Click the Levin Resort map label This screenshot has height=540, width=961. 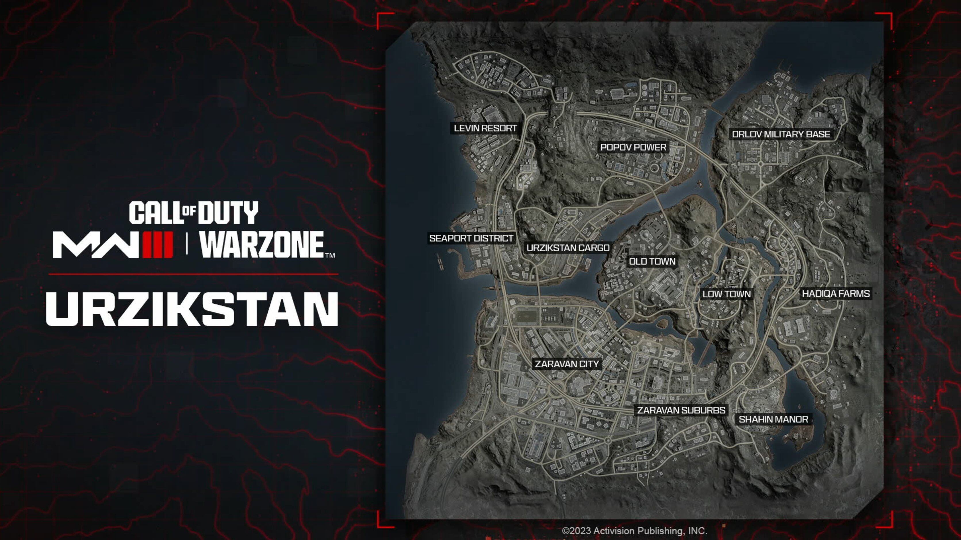(x=485, y=128)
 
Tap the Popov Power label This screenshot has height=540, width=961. (x=633, y=147)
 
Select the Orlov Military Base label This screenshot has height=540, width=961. (x=781, y=134)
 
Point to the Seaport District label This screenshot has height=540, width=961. (x=471, y=238)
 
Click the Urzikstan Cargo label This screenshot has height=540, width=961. (x=568, y=248)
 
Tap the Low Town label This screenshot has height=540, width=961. (x=726, y=294)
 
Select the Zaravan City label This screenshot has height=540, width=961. (x=567, y=364)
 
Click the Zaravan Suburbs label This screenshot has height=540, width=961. (x=681, y=410)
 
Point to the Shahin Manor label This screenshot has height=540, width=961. (x=773, y=419)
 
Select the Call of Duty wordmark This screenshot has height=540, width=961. (x=194, y=213)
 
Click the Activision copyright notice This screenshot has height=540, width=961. (x=634, y=531)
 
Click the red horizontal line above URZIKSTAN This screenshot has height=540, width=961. (x=193, y=274)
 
